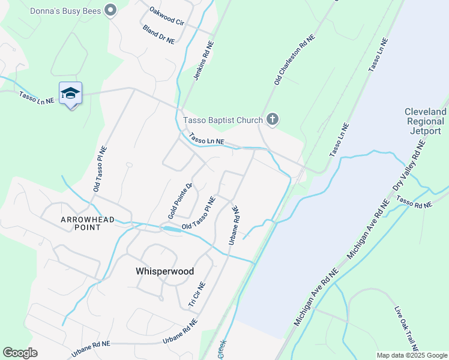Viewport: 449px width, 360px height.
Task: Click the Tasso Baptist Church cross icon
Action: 272,119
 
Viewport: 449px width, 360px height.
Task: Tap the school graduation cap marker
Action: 70,94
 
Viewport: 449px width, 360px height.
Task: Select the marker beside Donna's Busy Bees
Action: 110,10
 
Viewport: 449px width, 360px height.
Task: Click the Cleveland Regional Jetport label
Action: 426,121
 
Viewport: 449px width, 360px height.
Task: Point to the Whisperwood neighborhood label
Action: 164,271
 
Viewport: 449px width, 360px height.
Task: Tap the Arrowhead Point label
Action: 87,224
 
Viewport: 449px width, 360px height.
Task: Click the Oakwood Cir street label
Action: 166,16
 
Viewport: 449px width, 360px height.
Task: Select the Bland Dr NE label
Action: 158,35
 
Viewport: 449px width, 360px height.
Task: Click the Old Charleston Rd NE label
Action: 295,59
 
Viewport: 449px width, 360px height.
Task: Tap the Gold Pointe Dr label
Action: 180,200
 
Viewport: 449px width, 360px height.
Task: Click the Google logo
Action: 20,353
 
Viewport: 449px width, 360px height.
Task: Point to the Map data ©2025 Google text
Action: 411,355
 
